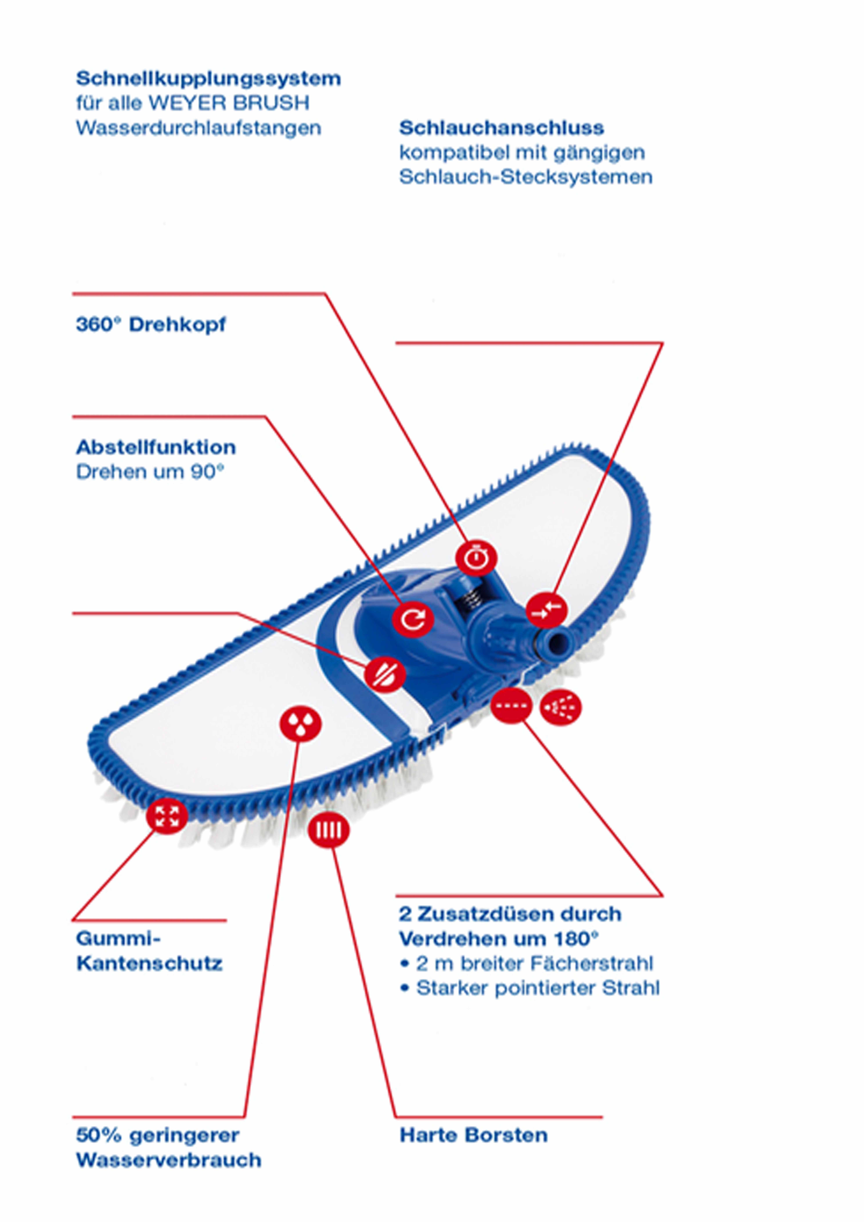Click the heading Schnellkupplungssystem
pyautogui.click(x=208, y=79)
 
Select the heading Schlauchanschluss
pyautogui.click(x=501, y=128)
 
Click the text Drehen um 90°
pyautogui.click(x=150, y=472)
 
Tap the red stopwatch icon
pyautogui.click(x=476, y=558)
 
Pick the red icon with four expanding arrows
pyautogui.click(x=167, y=816)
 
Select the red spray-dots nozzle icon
pyautogui.click(x=560, y=707)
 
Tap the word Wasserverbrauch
pyautogui.click(x=169, y=1160)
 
